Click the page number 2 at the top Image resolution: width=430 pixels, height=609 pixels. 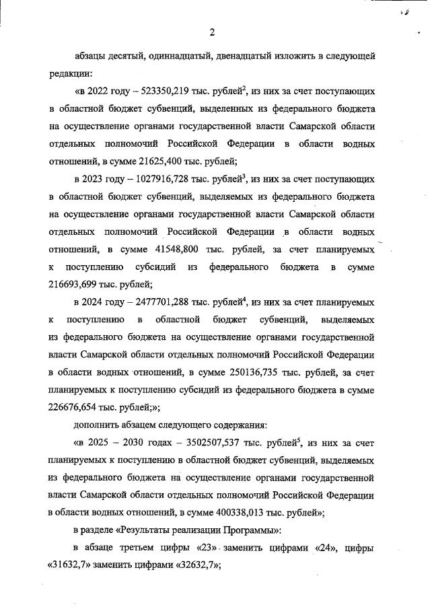212,32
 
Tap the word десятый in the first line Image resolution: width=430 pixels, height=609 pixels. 133,55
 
